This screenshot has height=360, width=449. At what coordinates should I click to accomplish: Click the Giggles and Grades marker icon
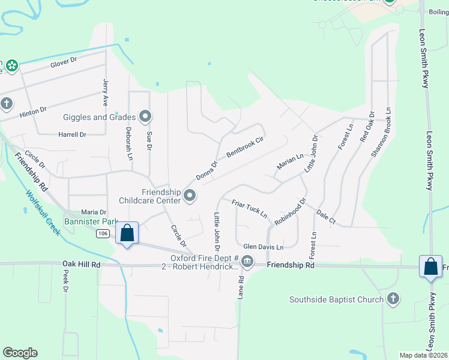(x=145, y=116)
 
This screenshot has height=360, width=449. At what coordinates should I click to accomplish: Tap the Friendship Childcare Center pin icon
(x=190, y=195)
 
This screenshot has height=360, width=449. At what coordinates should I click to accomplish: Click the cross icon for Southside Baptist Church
(x=393, y=298)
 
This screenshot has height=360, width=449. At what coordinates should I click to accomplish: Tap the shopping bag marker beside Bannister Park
(x=127, y=233)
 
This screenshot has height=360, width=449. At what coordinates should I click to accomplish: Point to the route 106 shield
(x=103, y=233)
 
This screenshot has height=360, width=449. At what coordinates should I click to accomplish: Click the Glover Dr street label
(x=64, y=61)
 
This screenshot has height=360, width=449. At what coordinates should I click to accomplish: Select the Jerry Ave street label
(x=105, y=93)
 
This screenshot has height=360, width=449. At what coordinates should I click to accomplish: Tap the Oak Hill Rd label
(x=81, y=263)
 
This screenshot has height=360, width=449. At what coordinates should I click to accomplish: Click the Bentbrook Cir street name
(x=245, y=147)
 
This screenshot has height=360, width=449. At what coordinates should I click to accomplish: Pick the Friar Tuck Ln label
(x=249, y=209)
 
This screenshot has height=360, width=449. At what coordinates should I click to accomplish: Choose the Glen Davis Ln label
(x=263, y=247)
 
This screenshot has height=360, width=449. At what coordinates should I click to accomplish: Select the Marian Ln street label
(x=290, y=161)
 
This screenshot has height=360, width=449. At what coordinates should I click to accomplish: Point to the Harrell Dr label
(x=72, y=134)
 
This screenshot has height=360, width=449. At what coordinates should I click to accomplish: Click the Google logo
(x=20, y=353)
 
